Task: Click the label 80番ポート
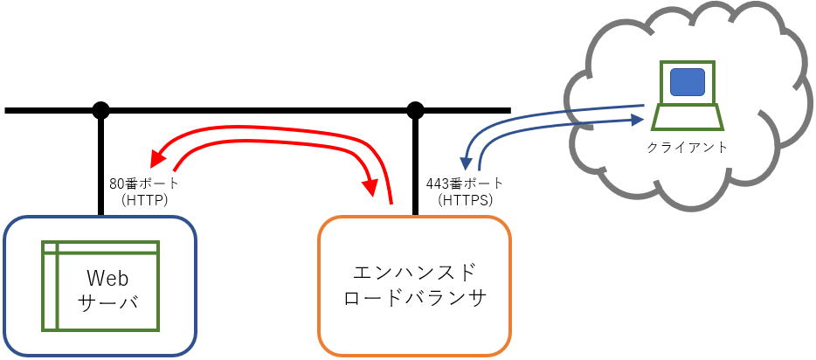tap(144, 184)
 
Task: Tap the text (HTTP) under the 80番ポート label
tap(144, 200)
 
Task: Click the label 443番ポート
tap(465, 184)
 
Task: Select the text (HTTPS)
tap(465, 200)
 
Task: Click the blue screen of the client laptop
tap(687, 82)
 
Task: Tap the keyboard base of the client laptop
tap(687, 116)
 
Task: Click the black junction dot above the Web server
tap(101, 111)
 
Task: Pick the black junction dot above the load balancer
tap(416, 111)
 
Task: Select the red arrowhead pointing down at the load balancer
tap(372, 188)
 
